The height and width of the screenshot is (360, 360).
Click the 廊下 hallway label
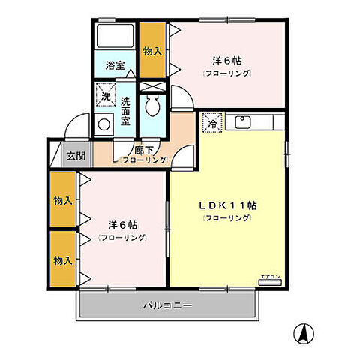[x=145, y=149]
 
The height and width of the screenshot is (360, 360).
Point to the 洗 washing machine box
[x=106, y=95]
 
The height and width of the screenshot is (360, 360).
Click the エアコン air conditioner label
[x=270, y=277]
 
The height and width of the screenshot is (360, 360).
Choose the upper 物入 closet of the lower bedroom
[x=62, y=201]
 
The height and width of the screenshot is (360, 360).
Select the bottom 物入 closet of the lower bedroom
[x=62, y=259]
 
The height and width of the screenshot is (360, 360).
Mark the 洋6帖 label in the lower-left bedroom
[x=121, y=225]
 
